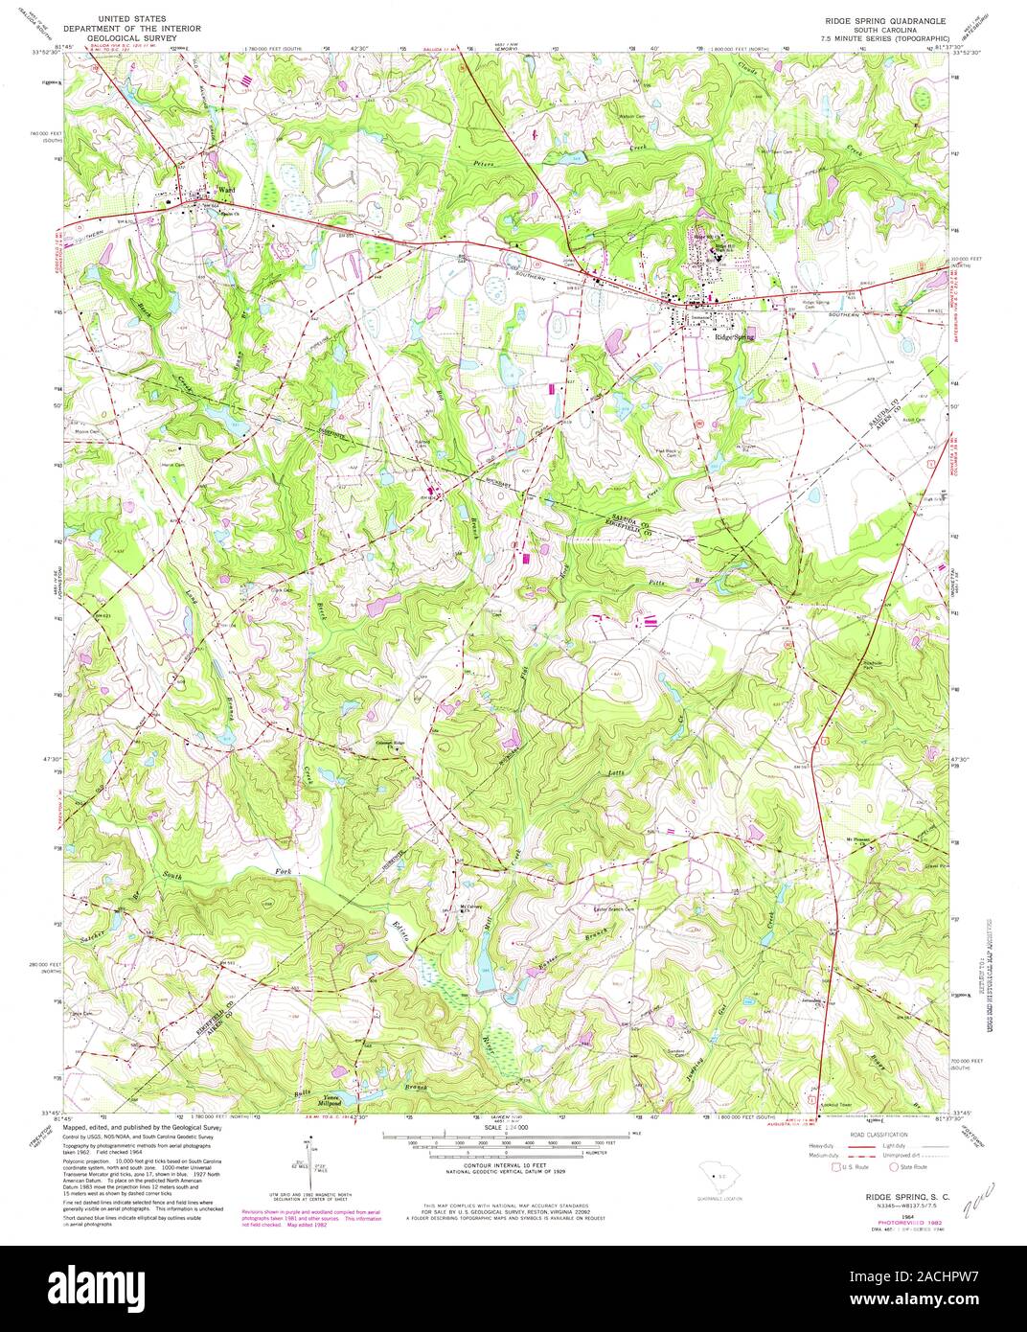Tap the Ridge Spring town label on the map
pyautogui.click(x=733, y=337)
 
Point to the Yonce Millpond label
pyautogui.click(x=331, y=1101)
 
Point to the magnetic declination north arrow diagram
pyautogui.click(x=310, y=1160)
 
